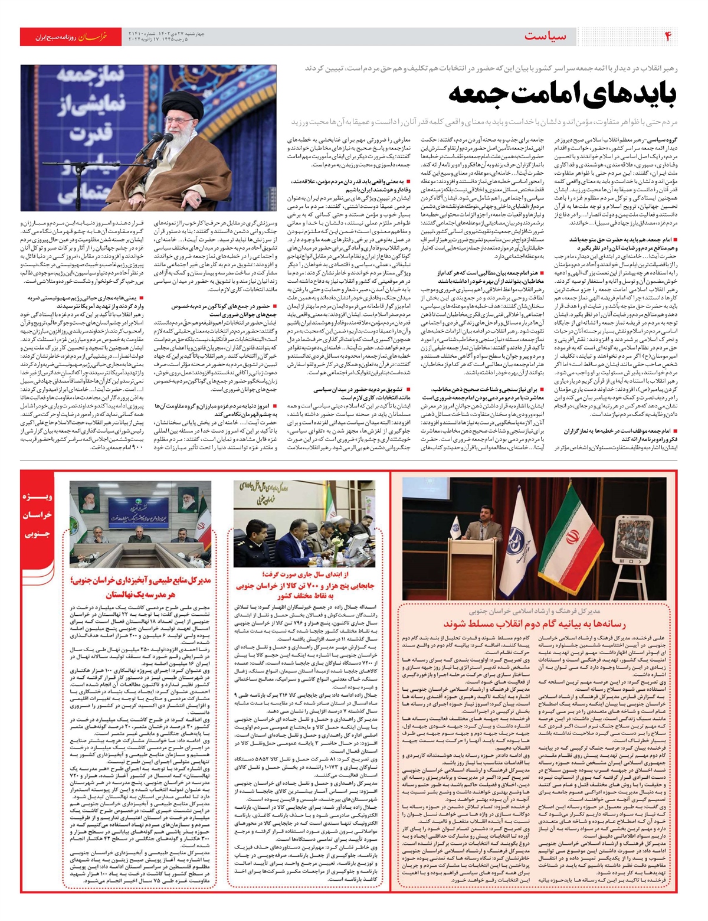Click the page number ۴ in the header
[x=668, y=37]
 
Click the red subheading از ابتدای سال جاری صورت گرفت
[x=305, y=575]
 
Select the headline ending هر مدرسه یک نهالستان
[x=140, y=595]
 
